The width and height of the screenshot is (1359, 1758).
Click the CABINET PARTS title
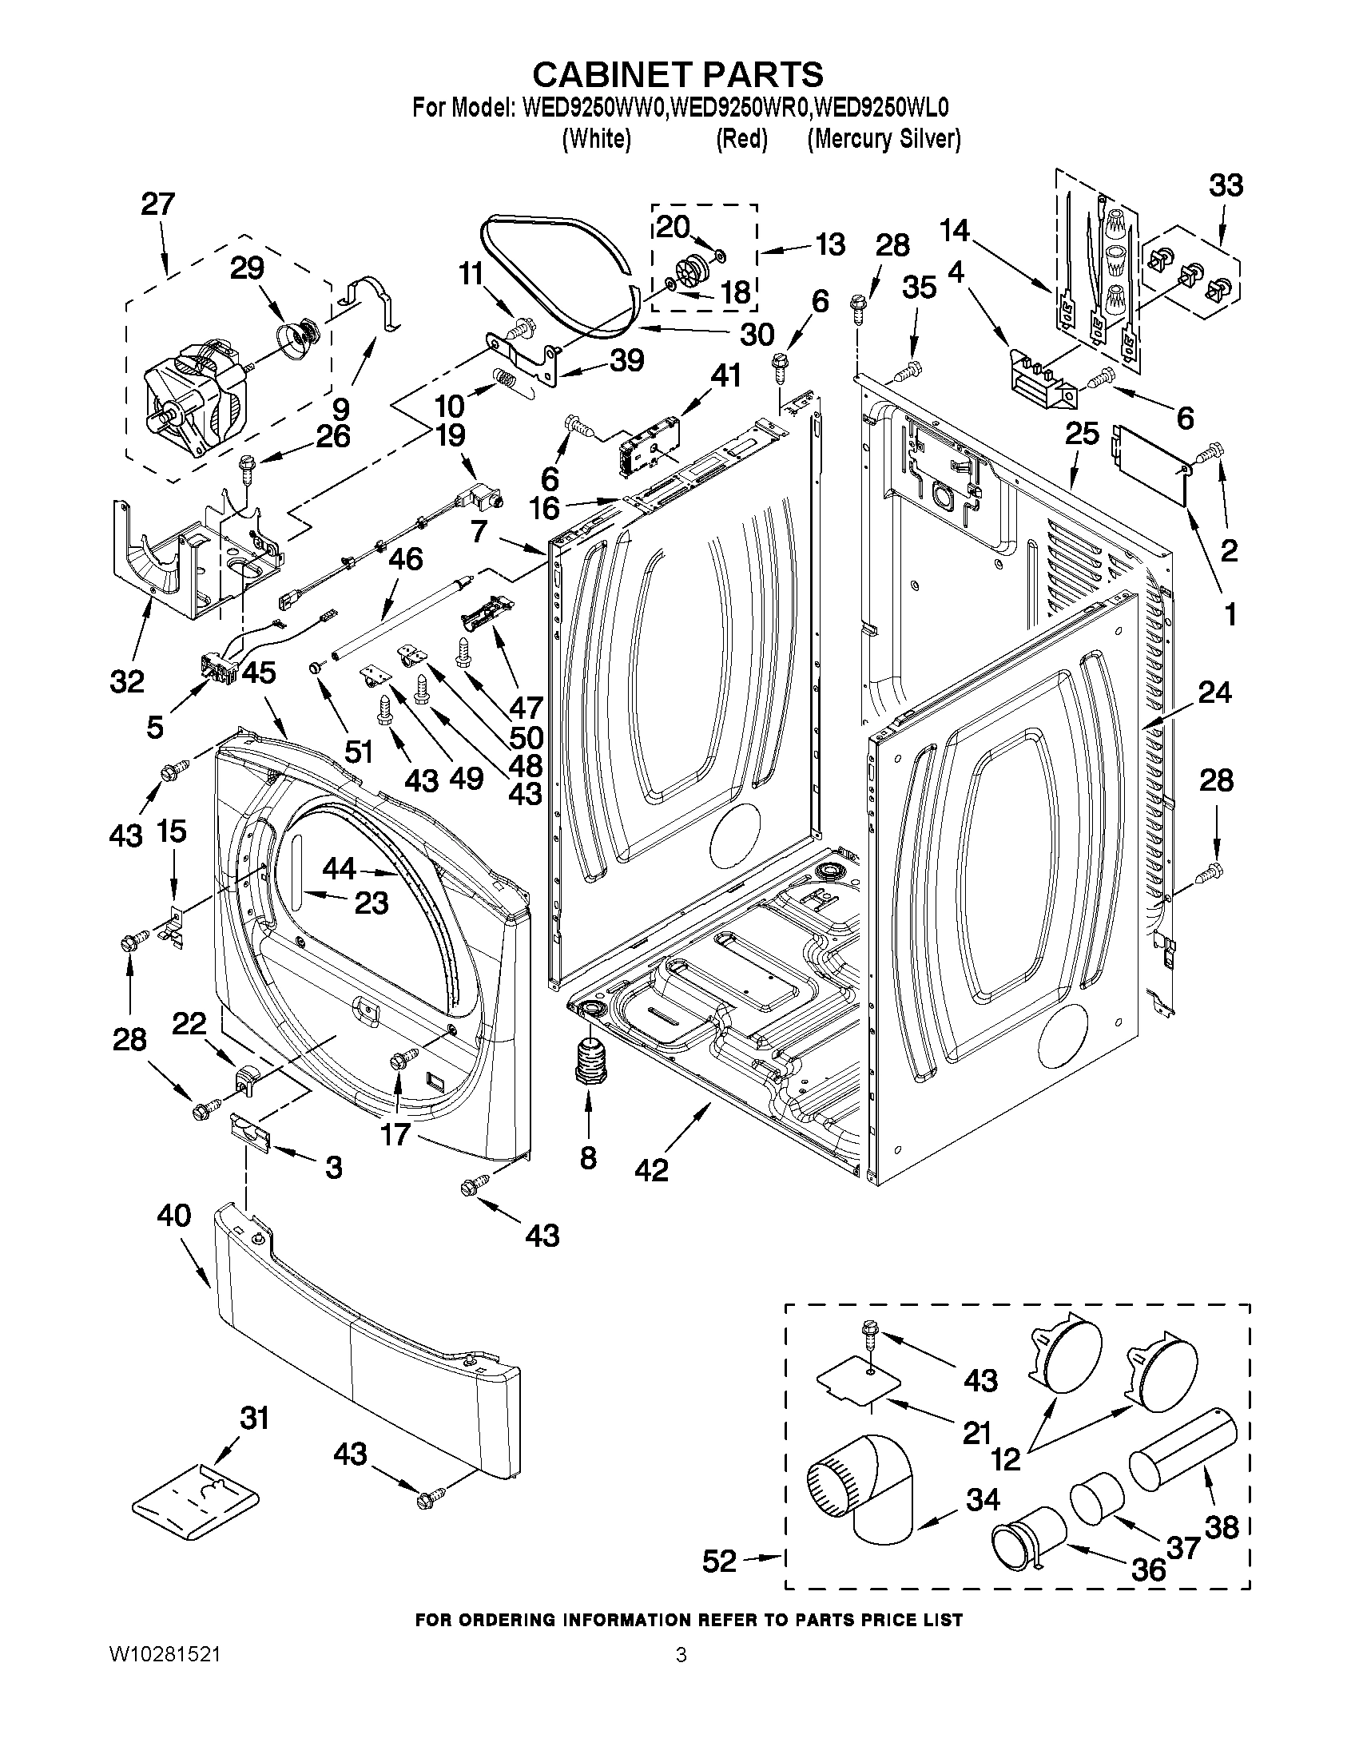pyautogui.click(x=678, y=75)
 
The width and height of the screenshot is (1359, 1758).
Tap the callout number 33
pyautogui.click(x=1225, y=185)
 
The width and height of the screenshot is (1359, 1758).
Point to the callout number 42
pyautogui.click(x=651, y=1169)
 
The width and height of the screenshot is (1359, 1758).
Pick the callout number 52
pyautogui.click(x=719, y=1562)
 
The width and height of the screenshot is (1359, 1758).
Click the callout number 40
pyautogui.click(x=175, y=1216)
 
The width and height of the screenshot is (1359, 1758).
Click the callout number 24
pyautogui.click(x=1214, y=692)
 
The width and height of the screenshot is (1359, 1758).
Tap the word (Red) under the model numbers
pyautogui.click(x=741, y=139)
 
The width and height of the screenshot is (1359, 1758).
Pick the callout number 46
pyautogui.click(x=405, y=558)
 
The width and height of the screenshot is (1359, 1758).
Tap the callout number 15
pyautogui.click(x=172, y=831)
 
